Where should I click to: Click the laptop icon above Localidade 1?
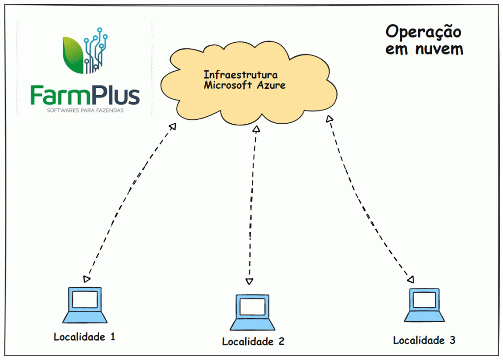coord(86,305)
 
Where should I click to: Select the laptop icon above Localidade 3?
coord(424,305)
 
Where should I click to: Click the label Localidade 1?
coord(84,337)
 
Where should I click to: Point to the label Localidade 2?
coord(253,341)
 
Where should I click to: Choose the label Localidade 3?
coord(424,340)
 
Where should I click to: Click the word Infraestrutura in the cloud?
coord(241,75)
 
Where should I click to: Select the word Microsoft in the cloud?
coord(227,85)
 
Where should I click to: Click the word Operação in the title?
coord(423,32)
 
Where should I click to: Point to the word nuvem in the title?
coord(439,49)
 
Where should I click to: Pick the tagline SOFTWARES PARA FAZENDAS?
coord(84,111)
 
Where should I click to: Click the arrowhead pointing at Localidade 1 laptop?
coord(87,279)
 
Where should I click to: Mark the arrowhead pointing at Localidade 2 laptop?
coord(249,281)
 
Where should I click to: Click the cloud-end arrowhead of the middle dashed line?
coord(255,130)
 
